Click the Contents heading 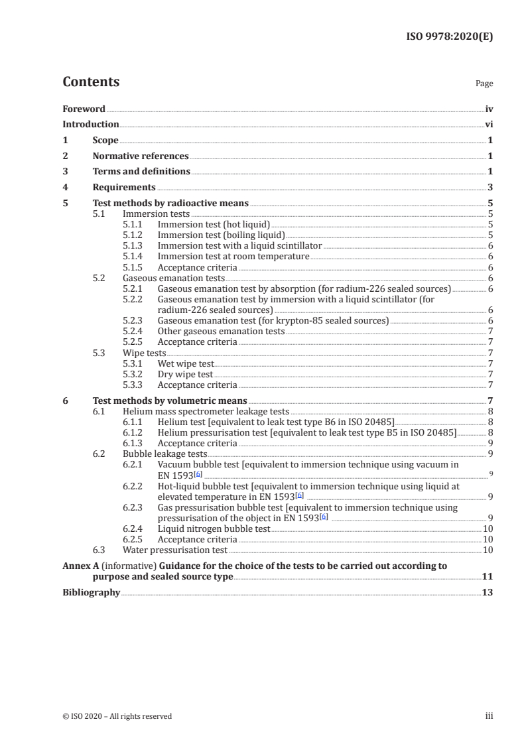pos(91,82)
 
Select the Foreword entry pos(84,109)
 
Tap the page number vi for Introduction pos(488,124)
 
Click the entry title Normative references pos(141,156)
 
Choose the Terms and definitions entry pos(141,172)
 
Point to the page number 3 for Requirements pos(490,188)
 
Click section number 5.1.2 pos(134,235)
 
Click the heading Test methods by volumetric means pos(170,401)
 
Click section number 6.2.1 pos(134,465)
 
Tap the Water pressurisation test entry pos(175,550)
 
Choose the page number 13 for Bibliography pos(488,592)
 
